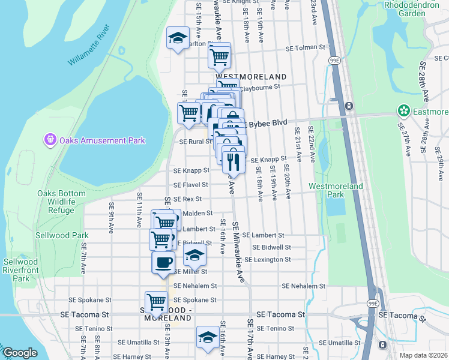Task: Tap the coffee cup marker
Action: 163,262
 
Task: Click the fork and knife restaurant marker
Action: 232,161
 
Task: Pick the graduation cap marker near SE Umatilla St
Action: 208,337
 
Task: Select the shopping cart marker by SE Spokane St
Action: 156,302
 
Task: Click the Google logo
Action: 20,353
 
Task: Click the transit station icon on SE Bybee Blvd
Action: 349,106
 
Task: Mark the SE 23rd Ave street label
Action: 314,12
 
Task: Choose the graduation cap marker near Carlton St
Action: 177,39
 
